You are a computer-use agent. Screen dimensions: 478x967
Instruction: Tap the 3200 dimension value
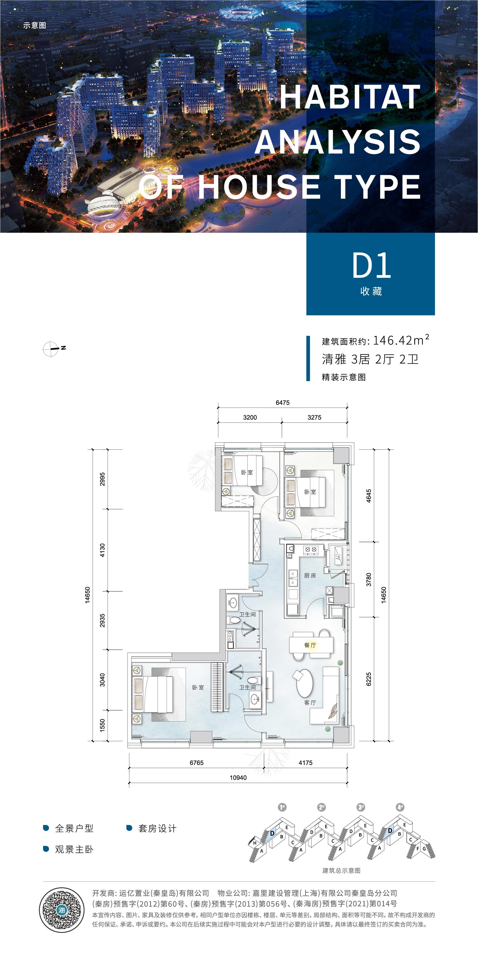coord(250,417)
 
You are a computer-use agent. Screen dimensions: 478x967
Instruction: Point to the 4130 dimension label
coord(102,550)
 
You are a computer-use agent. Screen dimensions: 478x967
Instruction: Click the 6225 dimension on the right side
coord(369,679)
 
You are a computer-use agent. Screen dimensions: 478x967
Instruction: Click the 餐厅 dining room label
coord(310,645)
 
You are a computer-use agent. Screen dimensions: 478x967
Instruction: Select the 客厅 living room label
coord(310,702)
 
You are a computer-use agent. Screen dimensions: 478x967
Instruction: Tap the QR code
coord(62,909)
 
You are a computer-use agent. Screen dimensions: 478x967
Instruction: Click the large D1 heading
coord(371,266)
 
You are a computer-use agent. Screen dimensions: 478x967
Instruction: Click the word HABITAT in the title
coord(350,97)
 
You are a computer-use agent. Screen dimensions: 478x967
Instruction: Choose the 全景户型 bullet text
coord(74,828)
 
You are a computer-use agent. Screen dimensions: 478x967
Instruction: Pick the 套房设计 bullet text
coord(157,828)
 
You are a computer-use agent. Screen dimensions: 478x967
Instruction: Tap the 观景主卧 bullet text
coord(74,849)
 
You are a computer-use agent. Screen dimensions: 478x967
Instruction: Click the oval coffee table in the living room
coord(304,683)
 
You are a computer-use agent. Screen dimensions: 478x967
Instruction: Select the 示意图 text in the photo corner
coord(34,25)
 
